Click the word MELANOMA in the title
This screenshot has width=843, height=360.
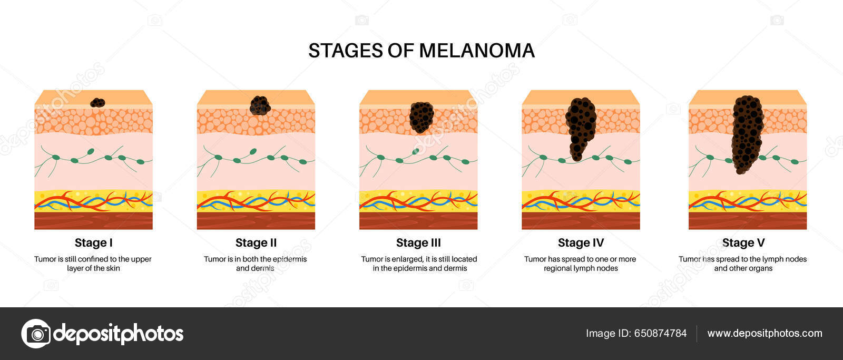(x=477, y=51)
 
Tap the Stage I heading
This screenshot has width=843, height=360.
(x=93, y=243)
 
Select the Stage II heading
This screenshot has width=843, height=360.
(x=256, y=243)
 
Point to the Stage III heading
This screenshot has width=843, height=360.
(x=418, y=243)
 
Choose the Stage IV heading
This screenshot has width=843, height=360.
(x=581, y=243)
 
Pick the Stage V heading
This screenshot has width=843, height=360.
(x=743, y=243)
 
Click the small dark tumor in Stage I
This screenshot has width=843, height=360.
(x=97, y=102)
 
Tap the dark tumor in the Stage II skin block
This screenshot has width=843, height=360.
(x=260, y=105)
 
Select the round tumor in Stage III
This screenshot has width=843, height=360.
(x=421, y=117)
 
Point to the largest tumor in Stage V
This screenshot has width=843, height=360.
(x=747, y=134)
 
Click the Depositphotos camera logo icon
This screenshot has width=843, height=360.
(x=36, y=333)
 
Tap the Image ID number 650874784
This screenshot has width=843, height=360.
(x=660, y=334)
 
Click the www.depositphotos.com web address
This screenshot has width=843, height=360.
(x=764, y=334)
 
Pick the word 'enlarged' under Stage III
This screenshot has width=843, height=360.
(x=404, y=259)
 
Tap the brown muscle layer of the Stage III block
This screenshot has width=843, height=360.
(x=418, y=220)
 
